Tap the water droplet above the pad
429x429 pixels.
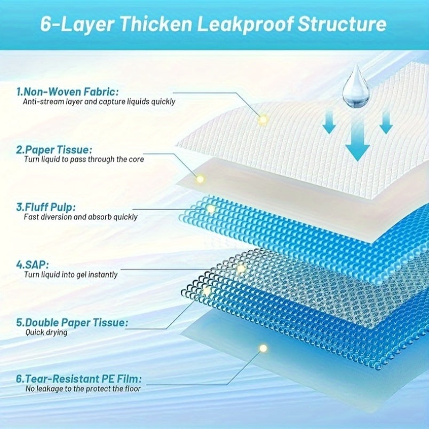[356, 87]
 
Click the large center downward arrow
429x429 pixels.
[357, 140]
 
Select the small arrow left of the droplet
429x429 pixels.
[329, 122]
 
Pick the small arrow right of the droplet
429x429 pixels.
[386, 122]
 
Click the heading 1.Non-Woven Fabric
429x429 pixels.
[68, 92]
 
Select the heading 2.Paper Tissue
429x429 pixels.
[54, 149]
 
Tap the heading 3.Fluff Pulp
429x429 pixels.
[46, 207]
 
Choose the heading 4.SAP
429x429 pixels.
[33, 265]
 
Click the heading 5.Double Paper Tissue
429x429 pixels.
[72, 323]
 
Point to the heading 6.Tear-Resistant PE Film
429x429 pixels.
[79, 379]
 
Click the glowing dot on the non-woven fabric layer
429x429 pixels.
[263, 120]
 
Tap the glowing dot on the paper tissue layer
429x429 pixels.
[200, 179]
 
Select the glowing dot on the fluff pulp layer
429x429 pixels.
[211, 209]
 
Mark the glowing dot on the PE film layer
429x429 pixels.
[263, 348]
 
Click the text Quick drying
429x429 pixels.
[46, 332]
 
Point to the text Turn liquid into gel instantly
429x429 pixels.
[71, 275]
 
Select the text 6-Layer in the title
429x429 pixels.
[77, 25]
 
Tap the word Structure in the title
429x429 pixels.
[342, 24]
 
